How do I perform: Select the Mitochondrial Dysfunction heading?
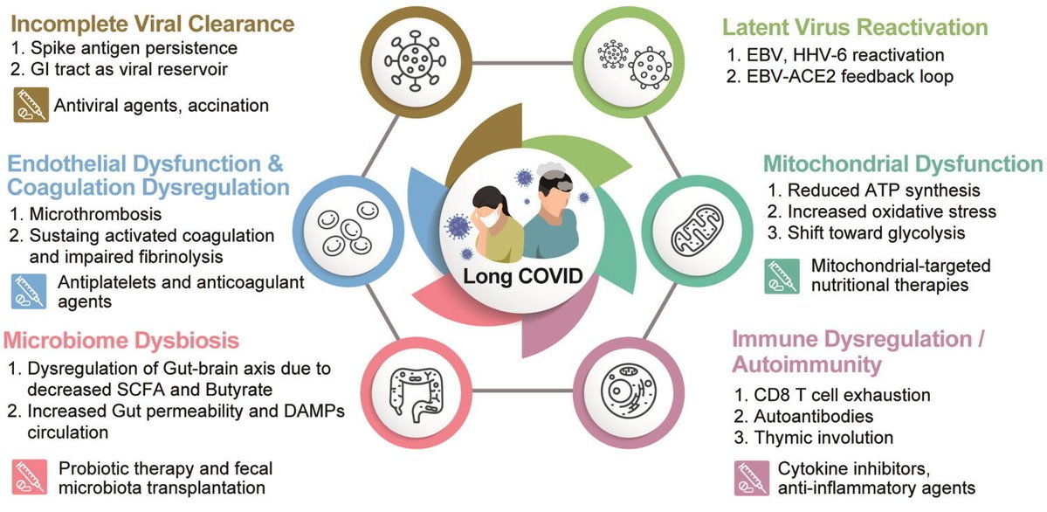click(x=902, y=164)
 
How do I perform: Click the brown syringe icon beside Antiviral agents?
click(x=29, y=104)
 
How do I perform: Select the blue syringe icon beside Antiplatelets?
click(x=29, y=290)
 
